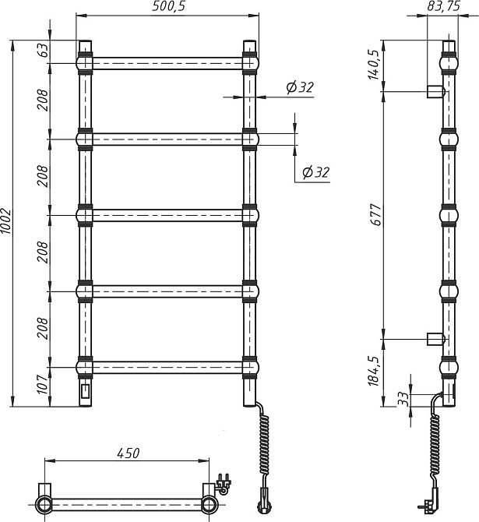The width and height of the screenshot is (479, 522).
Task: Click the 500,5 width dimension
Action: pyautogui.click(x=168, y=6)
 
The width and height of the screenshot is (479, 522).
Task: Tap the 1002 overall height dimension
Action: pyautogui.click(x=6, y=221)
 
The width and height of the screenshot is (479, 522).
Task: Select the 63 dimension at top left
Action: pyautogui.click(x=44, y=50)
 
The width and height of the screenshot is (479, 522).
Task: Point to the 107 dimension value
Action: pyautogui.click(x=44, y=385)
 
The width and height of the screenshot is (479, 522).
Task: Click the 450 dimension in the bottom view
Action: pyautogui.click(x=129, y=453)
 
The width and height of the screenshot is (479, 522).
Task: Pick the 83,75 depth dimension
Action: pyautogui.click(x=443, y=5)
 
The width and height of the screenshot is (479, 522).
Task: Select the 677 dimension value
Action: pyautogui.click(x=377, y=215)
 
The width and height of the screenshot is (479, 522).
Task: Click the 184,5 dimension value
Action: pyautogui.click(x=374, y=371)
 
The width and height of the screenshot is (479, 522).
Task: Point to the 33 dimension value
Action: pyautogui.click(x=403, y=399)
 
